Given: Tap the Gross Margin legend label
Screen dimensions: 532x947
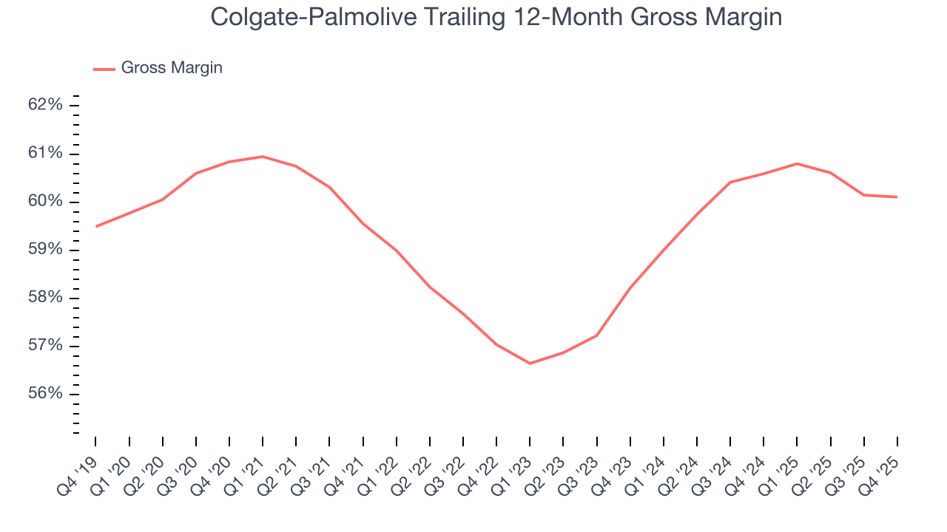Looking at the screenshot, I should click(171, 68).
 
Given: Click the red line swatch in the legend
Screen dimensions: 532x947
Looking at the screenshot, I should click(104, 69).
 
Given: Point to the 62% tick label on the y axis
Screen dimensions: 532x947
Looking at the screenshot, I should click(45, 105).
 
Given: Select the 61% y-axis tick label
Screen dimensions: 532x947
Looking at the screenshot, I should click(45, 154).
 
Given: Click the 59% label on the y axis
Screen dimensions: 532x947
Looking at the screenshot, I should click(45, 250).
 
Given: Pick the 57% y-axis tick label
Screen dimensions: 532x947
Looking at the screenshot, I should click(45, 347).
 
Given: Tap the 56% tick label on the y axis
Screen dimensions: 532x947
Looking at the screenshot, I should click(45, 395).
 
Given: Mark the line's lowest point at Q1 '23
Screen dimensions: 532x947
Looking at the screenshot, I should click(530, 364).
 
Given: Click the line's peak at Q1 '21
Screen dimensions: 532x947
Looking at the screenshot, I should click(263, 157).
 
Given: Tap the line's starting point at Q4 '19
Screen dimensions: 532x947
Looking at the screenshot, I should click(96, 226).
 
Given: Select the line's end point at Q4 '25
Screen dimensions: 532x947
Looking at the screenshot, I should click(897, 197).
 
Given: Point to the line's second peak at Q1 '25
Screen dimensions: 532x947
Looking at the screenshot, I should click(797, 163).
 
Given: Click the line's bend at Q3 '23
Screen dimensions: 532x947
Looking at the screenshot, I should click(596, 335).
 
